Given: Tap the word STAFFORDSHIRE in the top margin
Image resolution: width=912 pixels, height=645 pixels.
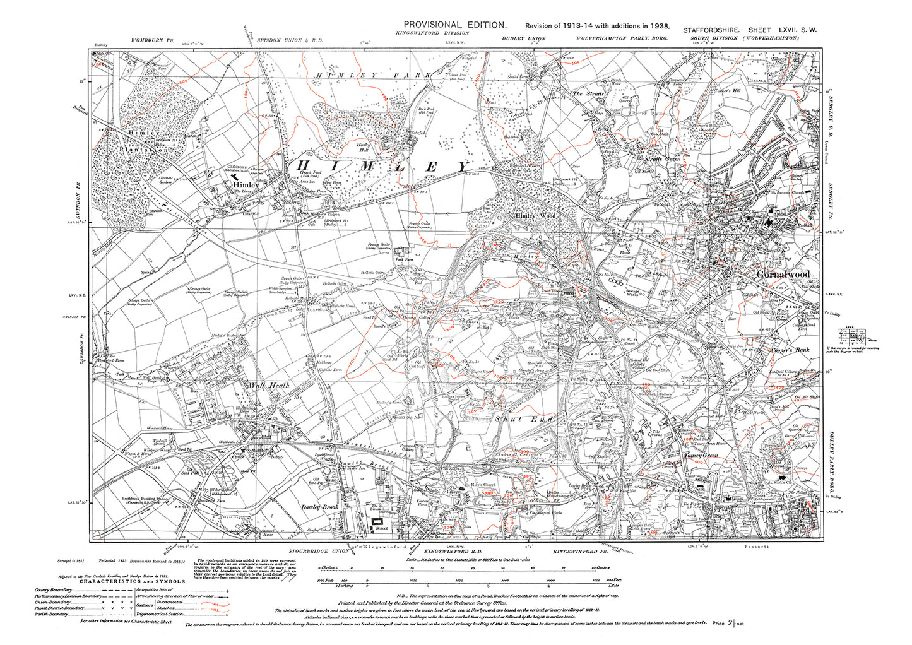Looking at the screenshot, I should (x=711, y=30).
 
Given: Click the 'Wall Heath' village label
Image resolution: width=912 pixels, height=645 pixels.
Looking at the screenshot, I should (x=268, y=385).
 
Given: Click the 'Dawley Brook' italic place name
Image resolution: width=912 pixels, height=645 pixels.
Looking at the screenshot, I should (x=319, y=507).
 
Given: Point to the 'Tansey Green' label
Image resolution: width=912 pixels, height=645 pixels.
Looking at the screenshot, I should (x=700, y=456).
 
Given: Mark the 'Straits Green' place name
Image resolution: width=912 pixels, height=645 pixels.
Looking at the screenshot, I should (x=662, y=159).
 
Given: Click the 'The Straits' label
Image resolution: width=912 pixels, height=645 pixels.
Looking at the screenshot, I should (x=588, y=93).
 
